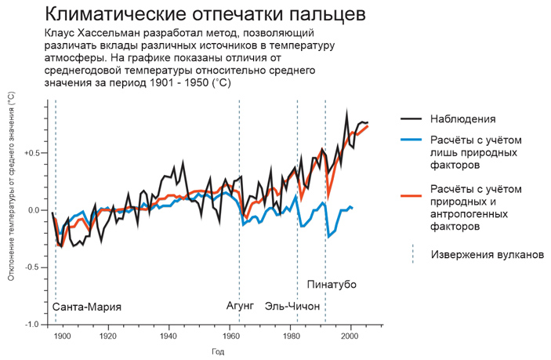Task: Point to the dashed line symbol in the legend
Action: [413, 254]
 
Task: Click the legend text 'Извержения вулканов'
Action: [487, 255]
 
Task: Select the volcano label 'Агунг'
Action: [239, 306]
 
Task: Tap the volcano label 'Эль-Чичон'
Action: [292, 306]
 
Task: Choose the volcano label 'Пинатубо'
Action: [332, 284]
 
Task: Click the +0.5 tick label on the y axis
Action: [33, 153]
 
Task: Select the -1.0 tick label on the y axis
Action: [33, 325]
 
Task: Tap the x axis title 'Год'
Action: [216, 352]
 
